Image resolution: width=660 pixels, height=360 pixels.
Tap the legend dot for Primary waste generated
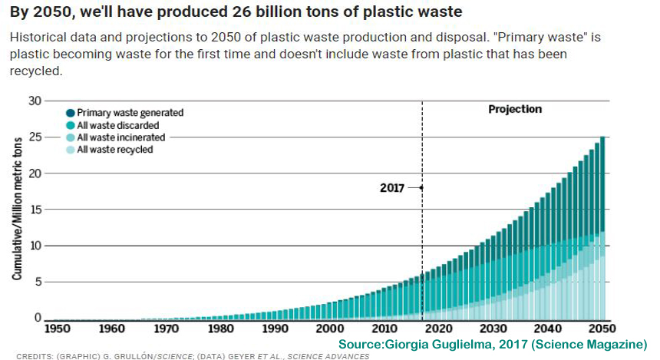[x=71, y=112]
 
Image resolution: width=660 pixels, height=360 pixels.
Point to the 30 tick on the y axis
[x=34, y=101]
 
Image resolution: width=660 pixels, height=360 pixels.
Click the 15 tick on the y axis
[x=34, y=210]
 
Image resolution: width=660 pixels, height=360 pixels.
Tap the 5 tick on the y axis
[x=37, y=282]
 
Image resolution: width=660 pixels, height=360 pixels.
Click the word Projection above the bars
[x=515, y=109]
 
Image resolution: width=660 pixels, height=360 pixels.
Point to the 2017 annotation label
[x=392, y=187]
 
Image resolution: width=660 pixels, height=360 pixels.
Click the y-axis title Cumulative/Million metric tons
[x=17, y=209]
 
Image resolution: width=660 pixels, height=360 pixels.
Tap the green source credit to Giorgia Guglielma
[x=492, y=343]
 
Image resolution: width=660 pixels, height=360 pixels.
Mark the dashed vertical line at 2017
[x=422, y=230]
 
